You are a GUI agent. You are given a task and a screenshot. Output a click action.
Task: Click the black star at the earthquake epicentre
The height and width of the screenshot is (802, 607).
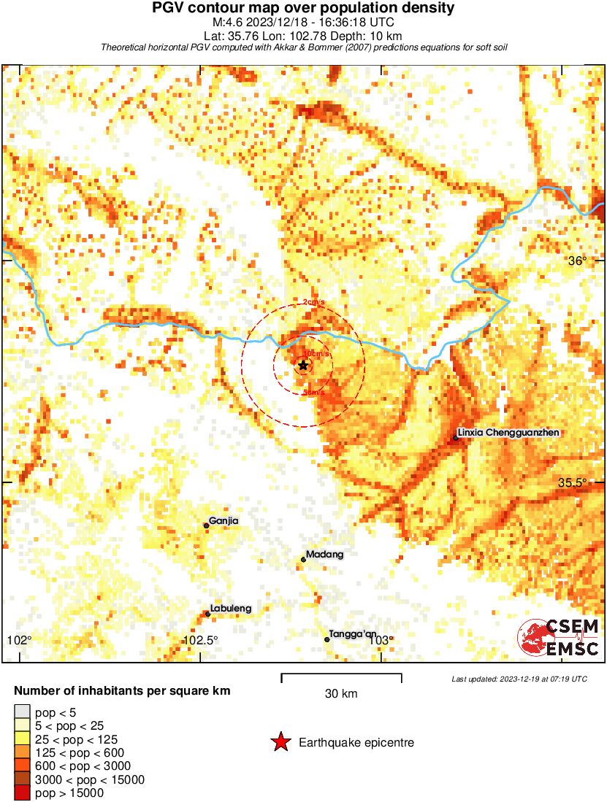(x=303, y=365)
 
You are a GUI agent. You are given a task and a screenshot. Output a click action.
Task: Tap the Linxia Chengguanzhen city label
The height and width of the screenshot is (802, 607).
(x=510, y=433)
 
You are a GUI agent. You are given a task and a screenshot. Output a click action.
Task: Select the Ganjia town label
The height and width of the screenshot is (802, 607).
(x=224, y=521)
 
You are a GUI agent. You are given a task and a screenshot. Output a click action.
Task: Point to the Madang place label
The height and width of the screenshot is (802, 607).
(x=324, y=555)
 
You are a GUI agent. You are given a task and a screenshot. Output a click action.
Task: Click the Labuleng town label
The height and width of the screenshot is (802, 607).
(x=231, y=609)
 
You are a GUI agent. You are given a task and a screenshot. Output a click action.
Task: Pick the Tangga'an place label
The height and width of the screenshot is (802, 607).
(x=353, y=635)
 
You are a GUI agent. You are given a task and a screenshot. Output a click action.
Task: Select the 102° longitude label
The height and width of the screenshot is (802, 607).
(x=20, y=641)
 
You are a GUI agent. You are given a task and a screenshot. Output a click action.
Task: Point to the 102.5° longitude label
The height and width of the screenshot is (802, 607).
(x=200, y=641)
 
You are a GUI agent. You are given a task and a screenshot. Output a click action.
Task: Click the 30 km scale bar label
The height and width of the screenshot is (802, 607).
(x=341, y=694)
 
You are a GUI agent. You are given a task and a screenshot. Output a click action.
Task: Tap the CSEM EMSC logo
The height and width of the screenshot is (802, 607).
(x=559, y=637)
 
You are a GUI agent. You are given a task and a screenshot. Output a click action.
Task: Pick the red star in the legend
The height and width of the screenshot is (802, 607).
(x=280, y=743)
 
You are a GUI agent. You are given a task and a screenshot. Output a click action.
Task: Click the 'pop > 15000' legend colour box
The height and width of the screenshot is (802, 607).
(x=22, y=793)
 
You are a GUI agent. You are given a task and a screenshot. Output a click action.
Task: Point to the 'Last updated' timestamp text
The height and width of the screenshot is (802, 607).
(x=519, y=679)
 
